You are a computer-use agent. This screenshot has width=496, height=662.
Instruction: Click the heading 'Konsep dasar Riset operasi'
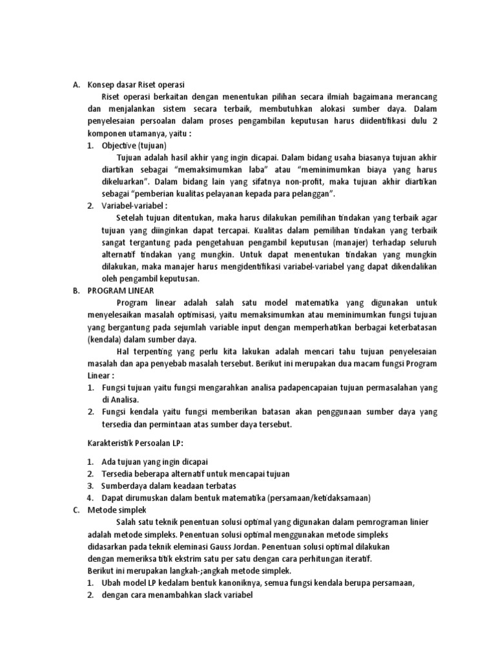[136, 85]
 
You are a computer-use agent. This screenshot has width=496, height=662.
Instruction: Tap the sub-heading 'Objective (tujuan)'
[134, 146]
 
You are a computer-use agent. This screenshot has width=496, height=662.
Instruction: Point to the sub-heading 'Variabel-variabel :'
[134, 206]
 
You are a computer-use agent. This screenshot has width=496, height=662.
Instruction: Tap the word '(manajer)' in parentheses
[349, 242]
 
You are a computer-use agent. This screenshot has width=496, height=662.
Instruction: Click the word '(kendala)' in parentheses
[103, 339]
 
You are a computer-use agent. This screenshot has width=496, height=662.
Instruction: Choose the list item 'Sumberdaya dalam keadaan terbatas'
[169, 486]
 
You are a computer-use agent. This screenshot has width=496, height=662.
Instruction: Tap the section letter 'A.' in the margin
[76, 85]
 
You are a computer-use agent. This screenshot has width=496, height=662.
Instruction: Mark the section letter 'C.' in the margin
[76, 509]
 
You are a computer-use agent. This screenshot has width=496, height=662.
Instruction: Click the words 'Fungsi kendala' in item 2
[127, 412]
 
